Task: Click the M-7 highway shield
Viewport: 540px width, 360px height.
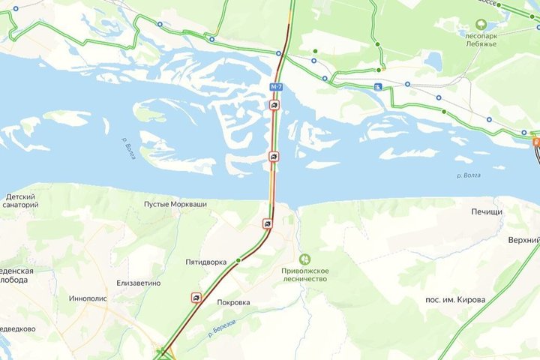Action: coord(276,87)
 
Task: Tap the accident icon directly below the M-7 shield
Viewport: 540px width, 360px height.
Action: coord(275,106)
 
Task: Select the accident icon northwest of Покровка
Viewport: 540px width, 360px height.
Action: coord(196,297)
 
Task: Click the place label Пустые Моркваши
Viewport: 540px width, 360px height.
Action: coord(175,204)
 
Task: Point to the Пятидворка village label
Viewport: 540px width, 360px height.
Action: coord(205,262)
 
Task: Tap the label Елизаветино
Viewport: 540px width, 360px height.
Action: coord(139,283)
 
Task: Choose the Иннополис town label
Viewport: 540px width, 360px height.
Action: coord(89,298)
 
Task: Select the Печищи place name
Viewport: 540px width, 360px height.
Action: coord(487,212)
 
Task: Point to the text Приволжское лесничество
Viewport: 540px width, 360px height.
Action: coord(304,274)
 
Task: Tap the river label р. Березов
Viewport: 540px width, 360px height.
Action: coord(223,328)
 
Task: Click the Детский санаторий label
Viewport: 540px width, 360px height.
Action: coord(21,201)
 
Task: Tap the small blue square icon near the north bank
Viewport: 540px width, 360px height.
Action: coord(378,86)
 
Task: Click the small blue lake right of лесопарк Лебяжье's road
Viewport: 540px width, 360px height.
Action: coord(433,61)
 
